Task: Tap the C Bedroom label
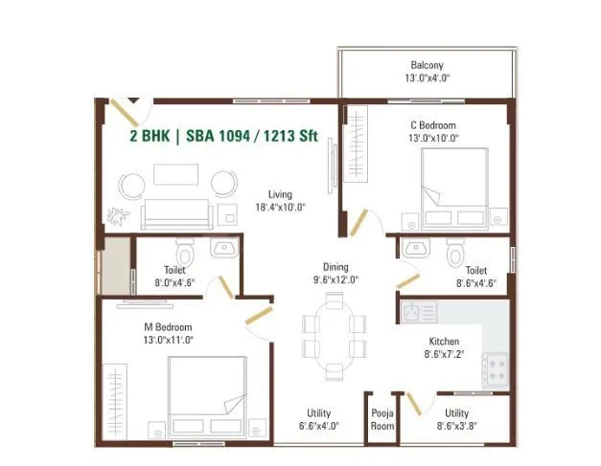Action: click(433, 125)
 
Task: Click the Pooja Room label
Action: click(381, 420)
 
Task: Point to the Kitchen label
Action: click(444, 341)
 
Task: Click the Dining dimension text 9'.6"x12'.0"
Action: click(335, 280)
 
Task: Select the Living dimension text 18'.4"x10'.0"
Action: click(280, 207)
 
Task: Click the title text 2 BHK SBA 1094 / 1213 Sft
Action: click(223, 136)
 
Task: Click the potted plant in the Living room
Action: click(118, 214)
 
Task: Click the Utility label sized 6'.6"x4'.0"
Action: click(319, 419)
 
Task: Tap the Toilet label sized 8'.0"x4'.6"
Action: click(173, 276)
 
